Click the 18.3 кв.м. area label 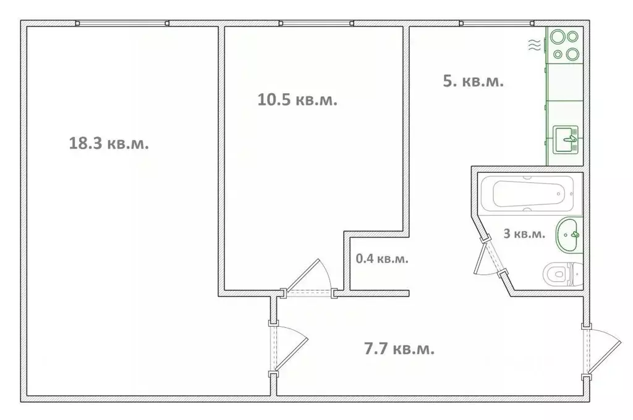tap(109, 143)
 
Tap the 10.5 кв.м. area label tap(297, 99)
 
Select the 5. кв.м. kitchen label tap(473, 81)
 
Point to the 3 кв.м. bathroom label tap(524, 233)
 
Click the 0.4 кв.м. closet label tap(382, 258)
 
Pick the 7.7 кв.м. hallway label tap(399, 348)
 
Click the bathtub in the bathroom tap(527, 194)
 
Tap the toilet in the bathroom tap(563, 274)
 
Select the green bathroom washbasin tap(569, 235)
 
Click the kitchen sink tap(566, 140)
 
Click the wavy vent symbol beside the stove tap(535, 45)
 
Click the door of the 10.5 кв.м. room tap(308, 279)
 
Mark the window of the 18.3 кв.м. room tap(122, 23)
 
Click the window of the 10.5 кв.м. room tap(316, 23)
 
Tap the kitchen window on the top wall tap(497, 23)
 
